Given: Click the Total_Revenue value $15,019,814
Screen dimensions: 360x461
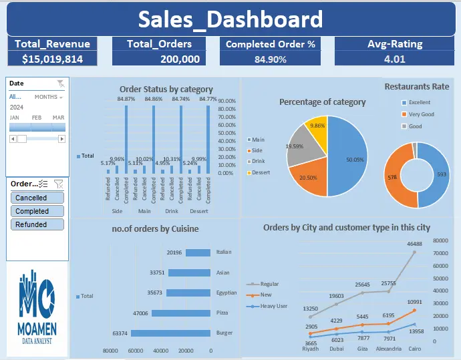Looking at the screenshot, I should pyautogui.click(x=52, y=59).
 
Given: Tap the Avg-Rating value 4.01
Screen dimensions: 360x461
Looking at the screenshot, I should pyautogui.click(x=394, y=59).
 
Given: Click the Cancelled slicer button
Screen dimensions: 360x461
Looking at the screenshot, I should pyautogui.click(x=37, y=198).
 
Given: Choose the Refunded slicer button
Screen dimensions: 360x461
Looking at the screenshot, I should pyautogui.click(x=37, y=224).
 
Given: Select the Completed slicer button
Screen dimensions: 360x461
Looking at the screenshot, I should pyautogui.click(x=37, y=211).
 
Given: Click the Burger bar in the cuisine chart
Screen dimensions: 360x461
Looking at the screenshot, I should pyautogui.click(x=170, y=333).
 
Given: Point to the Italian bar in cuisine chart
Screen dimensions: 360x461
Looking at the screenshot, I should pyautogui.click(x=198, y=252).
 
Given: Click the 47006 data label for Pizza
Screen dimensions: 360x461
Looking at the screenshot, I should pyautogui.click(x=140, y=313).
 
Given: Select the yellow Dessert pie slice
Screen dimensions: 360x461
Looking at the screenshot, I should pyautogui.click(x=317, y=130).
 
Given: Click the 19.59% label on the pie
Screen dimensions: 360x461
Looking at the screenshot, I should pyautogui.click(x=295, y=146).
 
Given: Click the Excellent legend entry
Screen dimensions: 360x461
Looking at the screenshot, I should pyautogui.click(x=416, y=102).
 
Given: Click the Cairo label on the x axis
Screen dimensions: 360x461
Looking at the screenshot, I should pyautogui.click(x=414, y=348).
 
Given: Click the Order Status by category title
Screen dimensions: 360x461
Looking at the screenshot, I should pyautogui.click(x=166, y=89).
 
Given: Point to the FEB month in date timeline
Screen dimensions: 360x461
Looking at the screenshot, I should pyautogui.click(x=37, y=118).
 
